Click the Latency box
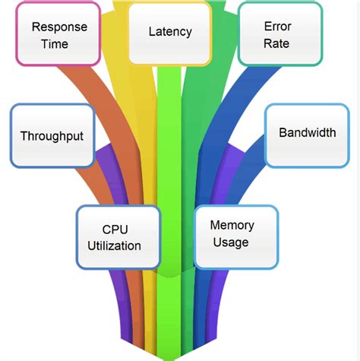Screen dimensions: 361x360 click(x=169, y=33)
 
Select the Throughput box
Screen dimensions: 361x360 click(x=52, y=136)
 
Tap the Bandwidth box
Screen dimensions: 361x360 click(x=307, y=134)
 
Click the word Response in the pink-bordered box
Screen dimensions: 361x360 click(x=59, y=27)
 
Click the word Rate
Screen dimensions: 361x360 click(x=276, y=44)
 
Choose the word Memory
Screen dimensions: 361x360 click(x=232, y=226)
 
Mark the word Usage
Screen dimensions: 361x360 click(x=232, y=242)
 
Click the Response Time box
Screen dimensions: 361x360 click(x=59, y=33)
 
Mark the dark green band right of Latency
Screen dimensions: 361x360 click(x=194, y=114)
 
